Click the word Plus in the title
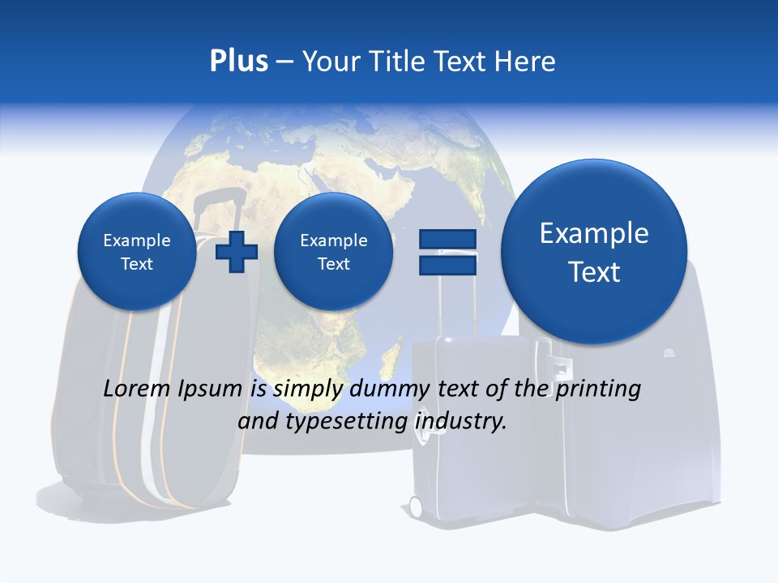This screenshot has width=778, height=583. (x=238, y=62)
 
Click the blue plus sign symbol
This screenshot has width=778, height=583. (x=237, y=252)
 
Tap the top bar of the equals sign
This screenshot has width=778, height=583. (x=447, y=239)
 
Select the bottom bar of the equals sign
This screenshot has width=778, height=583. (x=447, y=265)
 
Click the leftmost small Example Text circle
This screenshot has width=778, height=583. (x=137, y=252)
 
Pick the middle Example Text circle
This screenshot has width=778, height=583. (x=333, y=252)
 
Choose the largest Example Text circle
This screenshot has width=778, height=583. (x=594, y=252)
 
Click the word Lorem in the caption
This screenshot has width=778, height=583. (x=134, y=389)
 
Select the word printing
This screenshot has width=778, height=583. (x=597, y=389)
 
